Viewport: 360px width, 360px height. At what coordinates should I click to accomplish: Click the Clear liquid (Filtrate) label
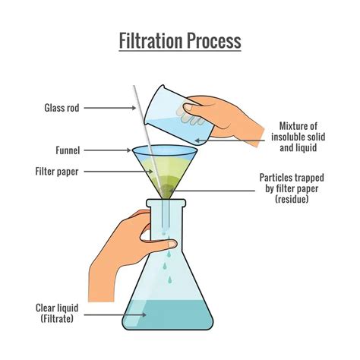tap(56, 313)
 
